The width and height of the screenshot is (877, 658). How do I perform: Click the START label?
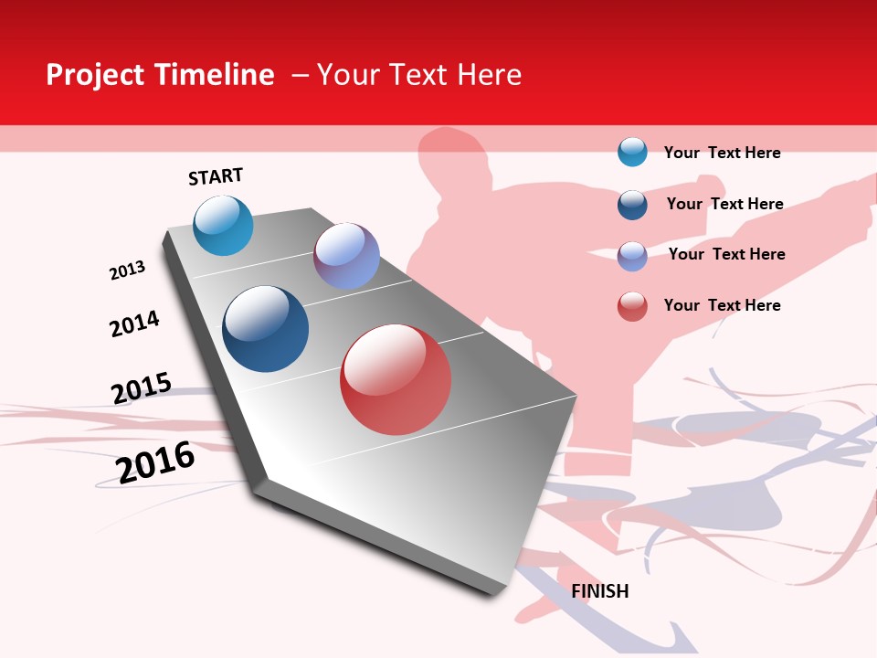pyautogui.click(x=216, y=176)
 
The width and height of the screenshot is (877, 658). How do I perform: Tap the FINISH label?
pyautogui.click(x=599, y=591)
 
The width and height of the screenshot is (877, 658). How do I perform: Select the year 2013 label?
pyautogui.click(x=127, y=271)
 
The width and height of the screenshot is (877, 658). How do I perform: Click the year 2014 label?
pyautogui.click(x=134, y=324)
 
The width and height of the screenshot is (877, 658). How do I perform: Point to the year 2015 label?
pyautogui.click(x=141, y=387)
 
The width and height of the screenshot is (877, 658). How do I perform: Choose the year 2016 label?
pyautogui.click(x=155, y=462)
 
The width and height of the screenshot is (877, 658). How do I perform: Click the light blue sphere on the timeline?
pyautogui.click(x=223, y=225)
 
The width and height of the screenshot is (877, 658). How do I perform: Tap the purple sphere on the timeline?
pyautogui.click(x=346, y=256)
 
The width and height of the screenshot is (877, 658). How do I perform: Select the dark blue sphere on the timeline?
pyautogui.click(x=265, y=329)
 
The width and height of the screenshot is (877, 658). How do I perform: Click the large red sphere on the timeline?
pyautogui.click(x=396, y=379)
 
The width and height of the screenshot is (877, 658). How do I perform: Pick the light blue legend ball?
pyautogui.click(x=632, y=152)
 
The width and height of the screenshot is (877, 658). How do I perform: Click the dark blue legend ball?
pyautogui.click(x=632, y=204)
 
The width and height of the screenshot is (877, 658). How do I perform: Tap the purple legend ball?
pyautogui.click(x=632, y=255)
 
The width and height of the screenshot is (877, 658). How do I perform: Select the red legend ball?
pyautogui.click(x=632, y=306)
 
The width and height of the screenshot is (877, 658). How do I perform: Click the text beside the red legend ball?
pyautogui.click(x=722, y=305)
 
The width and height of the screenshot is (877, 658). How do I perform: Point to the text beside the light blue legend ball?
pyautogui.click(x=722, y=153)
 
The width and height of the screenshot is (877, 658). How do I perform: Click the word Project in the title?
pyautogui.click(x=94, y=75)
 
